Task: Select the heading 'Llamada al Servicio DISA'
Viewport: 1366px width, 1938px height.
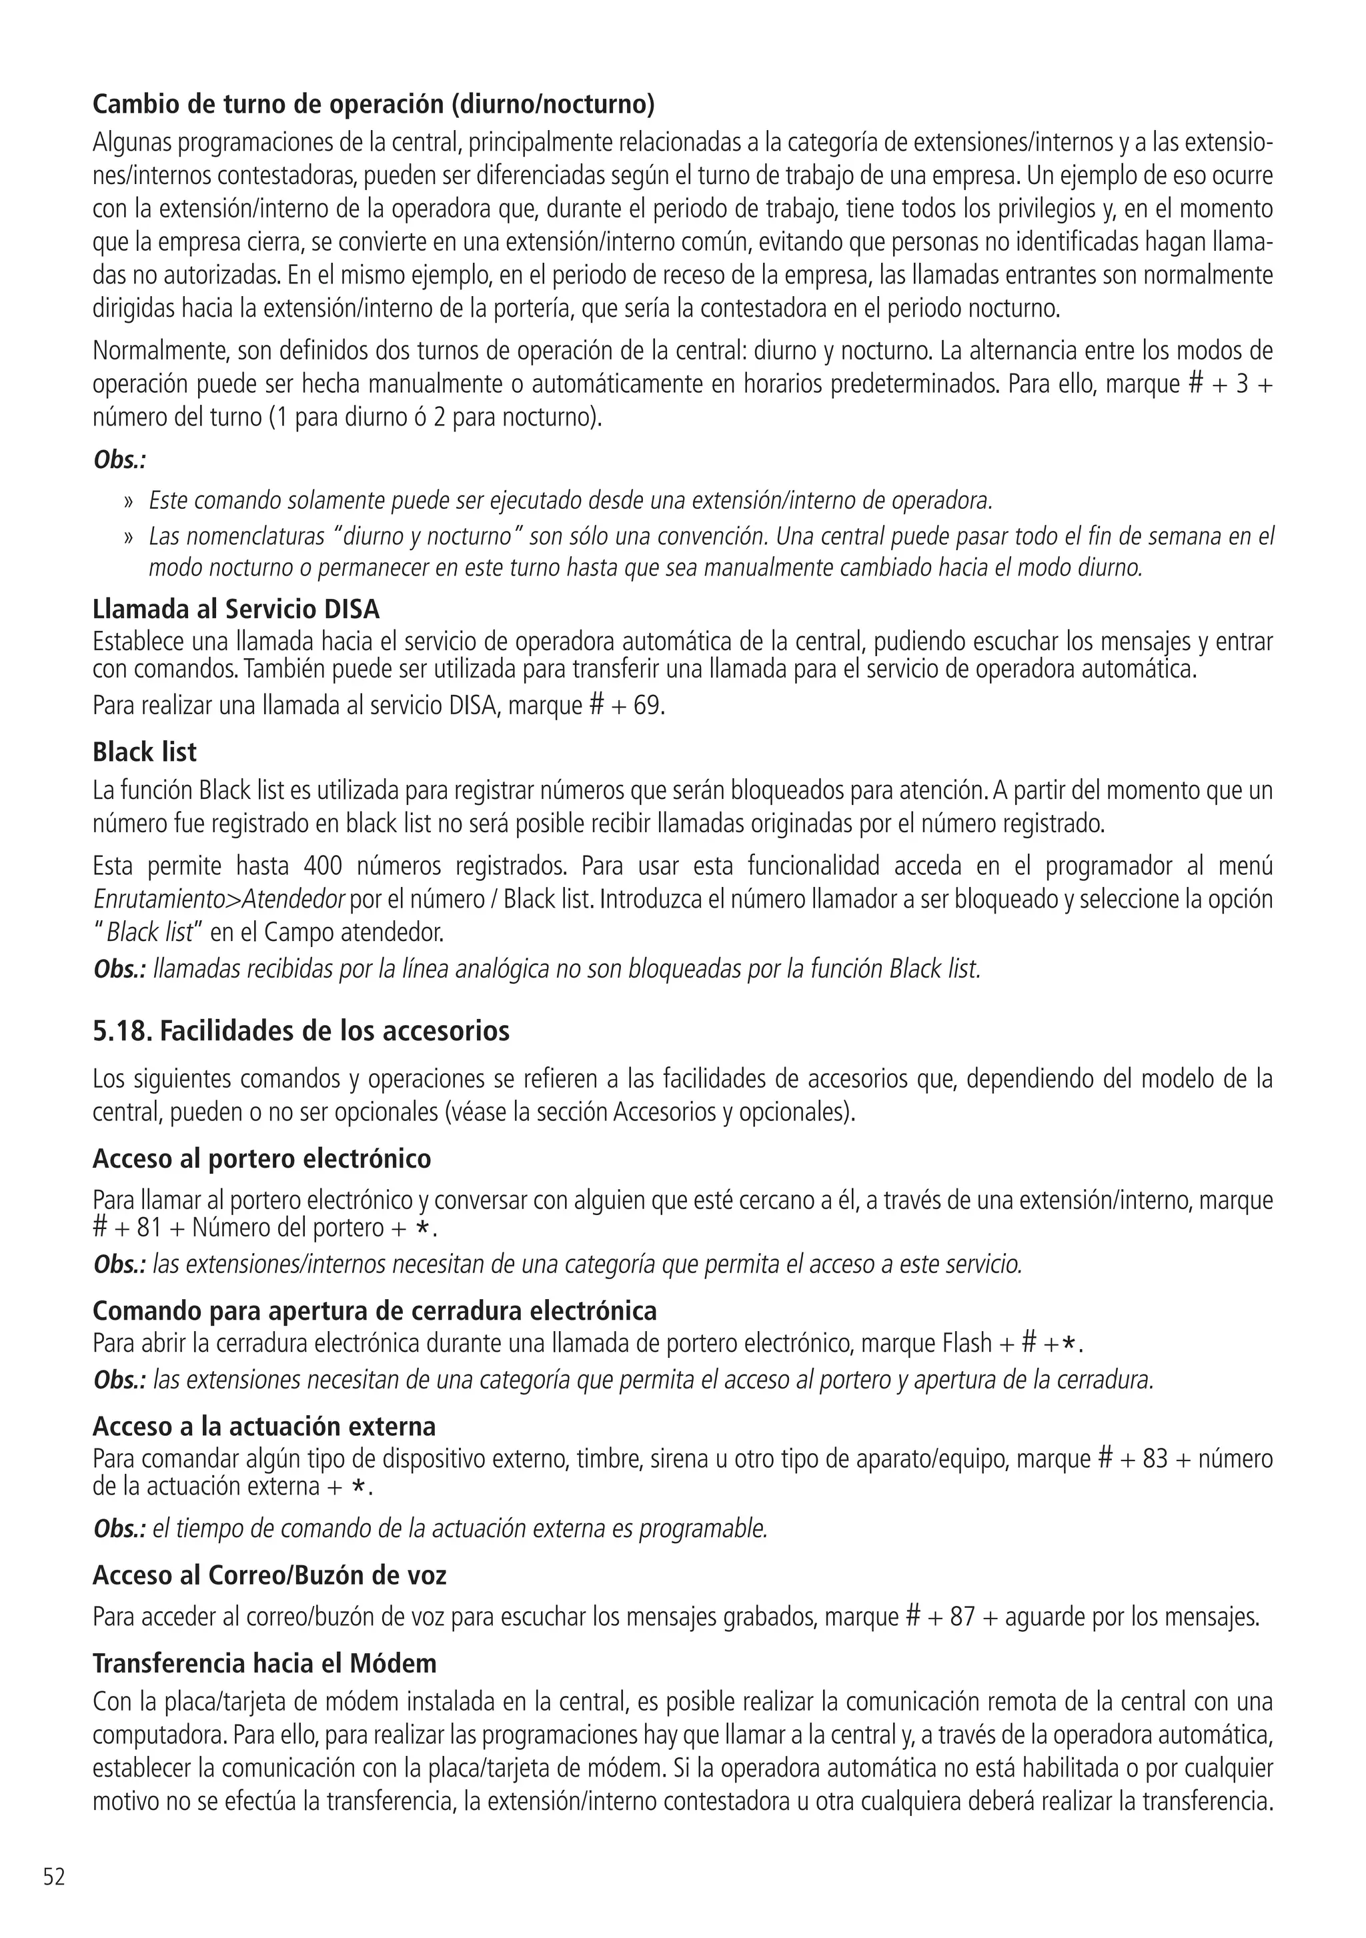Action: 235,609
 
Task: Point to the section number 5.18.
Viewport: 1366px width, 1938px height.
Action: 123,1030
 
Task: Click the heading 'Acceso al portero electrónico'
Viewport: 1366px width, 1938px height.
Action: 261,1158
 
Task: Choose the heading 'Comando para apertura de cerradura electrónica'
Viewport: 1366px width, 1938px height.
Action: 374,1311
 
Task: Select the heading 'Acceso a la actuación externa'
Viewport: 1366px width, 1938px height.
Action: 264,1426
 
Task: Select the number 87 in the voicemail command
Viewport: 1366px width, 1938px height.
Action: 962,1617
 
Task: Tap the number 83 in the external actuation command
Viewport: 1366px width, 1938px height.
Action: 1155,1459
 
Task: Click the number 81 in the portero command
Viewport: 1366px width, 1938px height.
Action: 149,1227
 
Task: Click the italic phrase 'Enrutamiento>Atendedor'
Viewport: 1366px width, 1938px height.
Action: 218,900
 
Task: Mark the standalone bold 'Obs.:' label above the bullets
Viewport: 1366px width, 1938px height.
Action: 120,461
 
